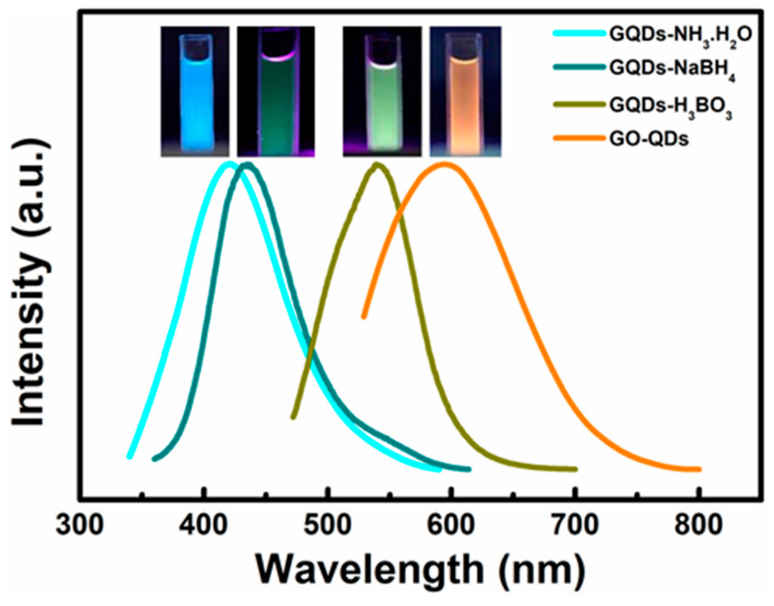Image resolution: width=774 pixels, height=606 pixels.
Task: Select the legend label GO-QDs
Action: point(649,139)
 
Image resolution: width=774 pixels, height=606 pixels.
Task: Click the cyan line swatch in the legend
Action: point(579,33)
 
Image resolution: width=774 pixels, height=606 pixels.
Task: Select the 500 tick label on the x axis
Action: point(327,525)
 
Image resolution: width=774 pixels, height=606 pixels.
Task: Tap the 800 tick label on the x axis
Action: point(698,525)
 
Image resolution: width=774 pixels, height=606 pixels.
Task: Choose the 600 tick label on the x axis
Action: point(451,525)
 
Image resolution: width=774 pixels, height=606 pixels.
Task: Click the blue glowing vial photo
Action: point(195,91)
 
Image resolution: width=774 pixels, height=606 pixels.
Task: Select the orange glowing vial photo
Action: point(465,91)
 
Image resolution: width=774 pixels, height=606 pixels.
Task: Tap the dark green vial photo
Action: point(276,91)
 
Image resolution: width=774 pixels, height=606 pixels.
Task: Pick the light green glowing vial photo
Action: point(382,91)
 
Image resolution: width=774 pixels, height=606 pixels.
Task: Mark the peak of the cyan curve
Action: point(229,164)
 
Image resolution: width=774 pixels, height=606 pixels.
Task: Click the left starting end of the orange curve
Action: point(363,317)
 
